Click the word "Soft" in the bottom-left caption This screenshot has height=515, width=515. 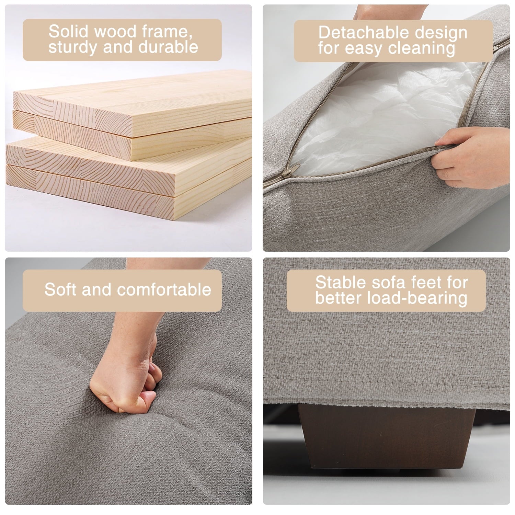[x=60, y=289]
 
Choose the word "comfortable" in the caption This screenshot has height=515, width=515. [x=164, y=289]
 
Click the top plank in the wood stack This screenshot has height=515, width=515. [x=133, y=103]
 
